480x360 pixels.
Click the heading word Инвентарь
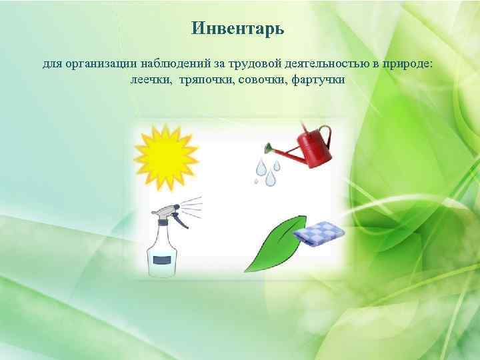click(x=237, y=29)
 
